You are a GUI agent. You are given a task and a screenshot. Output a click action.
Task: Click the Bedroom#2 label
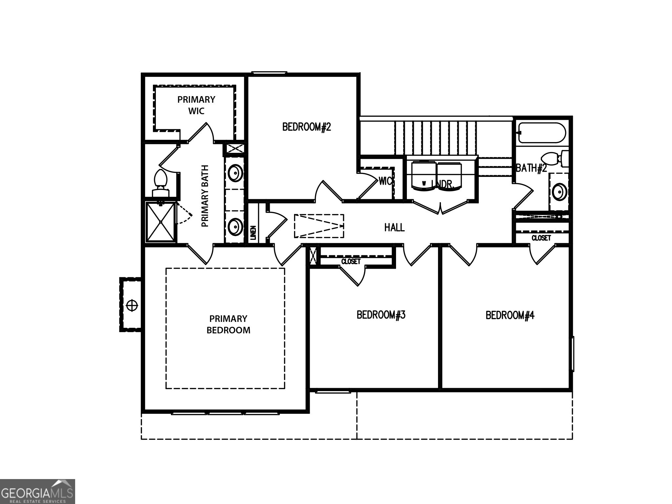(x=306, y=127)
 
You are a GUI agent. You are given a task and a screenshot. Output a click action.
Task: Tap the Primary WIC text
(x=196, y=105)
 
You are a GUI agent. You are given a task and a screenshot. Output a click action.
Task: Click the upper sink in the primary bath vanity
(x=235, y=173)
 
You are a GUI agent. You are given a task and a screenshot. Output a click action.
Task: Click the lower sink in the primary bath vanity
(x=235, y=226)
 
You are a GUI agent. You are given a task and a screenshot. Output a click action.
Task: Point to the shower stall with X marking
(x=161, y=222)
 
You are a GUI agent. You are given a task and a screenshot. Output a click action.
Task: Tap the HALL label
(x=394, y=227)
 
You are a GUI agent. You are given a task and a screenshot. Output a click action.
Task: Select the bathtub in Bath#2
(x=542, y=133)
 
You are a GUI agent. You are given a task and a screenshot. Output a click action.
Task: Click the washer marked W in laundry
(x=424, y=177)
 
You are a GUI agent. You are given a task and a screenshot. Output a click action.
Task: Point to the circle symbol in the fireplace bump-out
(x=132, y=305)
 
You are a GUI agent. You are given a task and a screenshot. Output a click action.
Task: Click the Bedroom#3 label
(x=381, y=315)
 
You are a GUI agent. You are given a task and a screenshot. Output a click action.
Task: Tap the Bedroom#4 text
(x=510, y=315)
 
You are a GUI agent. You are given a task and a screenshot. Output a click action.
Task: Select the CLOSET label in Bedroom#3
(x=351, y=262)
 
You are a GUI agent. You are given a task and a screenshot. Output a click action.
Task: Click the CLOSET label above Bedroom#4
(x=541, y=238)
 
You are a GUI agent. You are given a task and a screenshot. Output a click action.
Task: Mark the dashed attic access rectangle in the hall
(x=319, y=226)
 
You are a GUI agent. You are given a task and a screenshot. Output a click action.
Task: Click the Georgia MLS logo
(x=37, y=492)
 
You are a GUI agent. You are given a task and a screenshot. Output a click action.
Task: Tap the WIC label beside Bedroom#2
(x=385, y=181)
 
